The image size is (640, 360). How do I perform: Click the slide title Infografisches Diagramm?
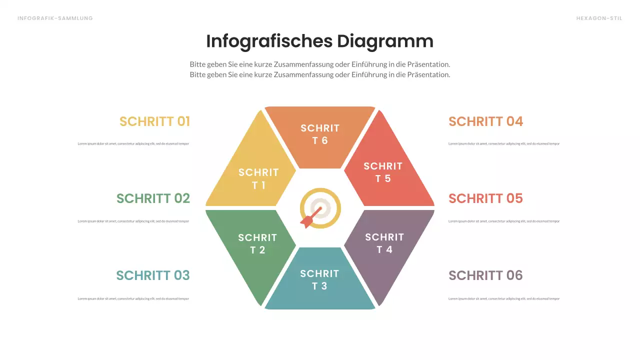(x=319, y=41)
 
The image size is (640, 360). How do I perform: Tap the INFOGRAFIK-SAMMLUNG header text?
(x=55, y=18)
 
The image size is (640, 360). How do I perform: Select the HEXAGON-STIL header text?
(x=599, y=18)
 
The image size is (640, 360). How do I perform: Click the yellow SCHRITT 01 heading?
(x=154, y=121)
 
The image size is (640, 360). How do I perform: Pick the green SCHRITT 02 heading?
(x=153, y=198)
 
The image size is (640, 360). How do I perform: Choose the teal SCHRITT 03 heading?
(x=153, y=275)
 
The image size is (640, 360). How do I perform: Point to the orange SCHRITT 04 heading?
(x=485, y=121)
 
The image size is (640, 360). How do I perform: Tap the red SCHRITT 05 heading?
(x=485, y=198)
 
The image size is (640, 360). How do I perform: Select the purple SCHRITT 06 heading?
(x=485, y=275)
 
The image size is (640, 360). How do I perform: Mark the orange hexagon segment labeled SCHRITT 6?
(x=320, y=134)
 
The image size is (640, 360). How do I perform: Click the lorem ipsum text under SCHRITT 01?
(x=133, y=144)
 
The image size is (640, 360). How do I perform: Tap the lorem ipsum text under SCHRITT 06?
(x=504, y=299)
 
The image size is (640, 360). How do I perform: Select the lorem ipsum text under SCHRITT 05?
(x=504, y=221)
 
